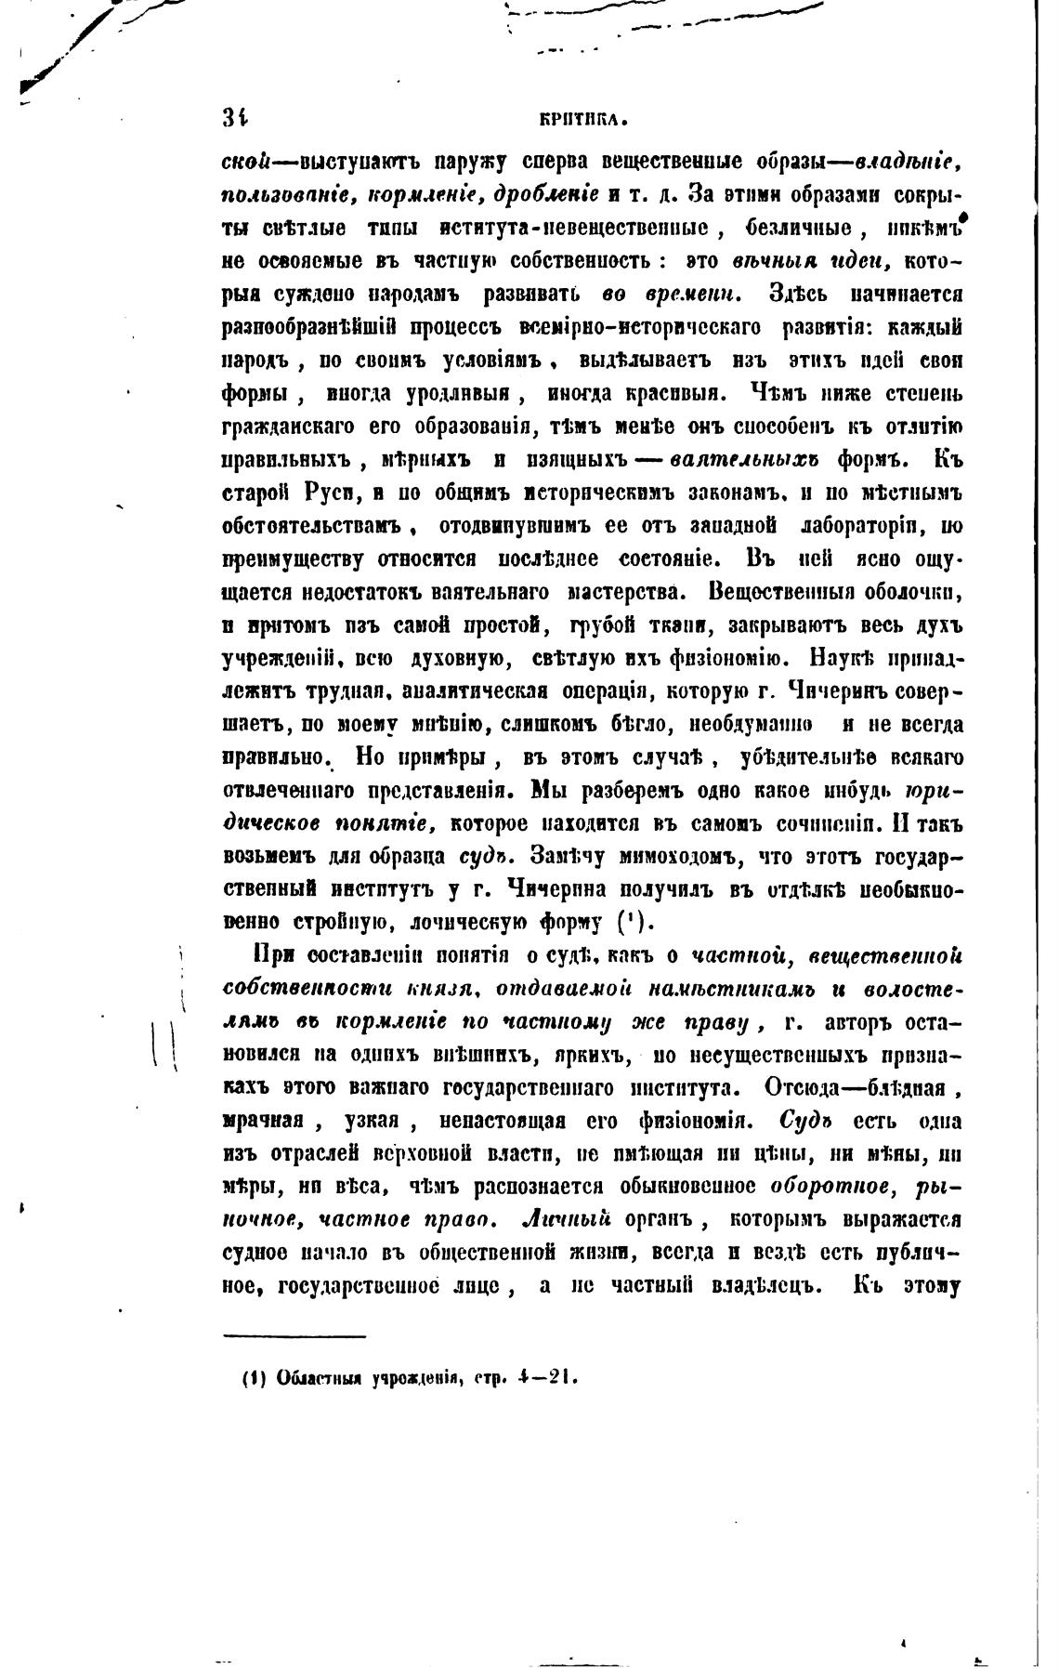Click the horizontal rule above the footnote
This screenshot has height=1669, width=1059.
point(295,1337)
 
